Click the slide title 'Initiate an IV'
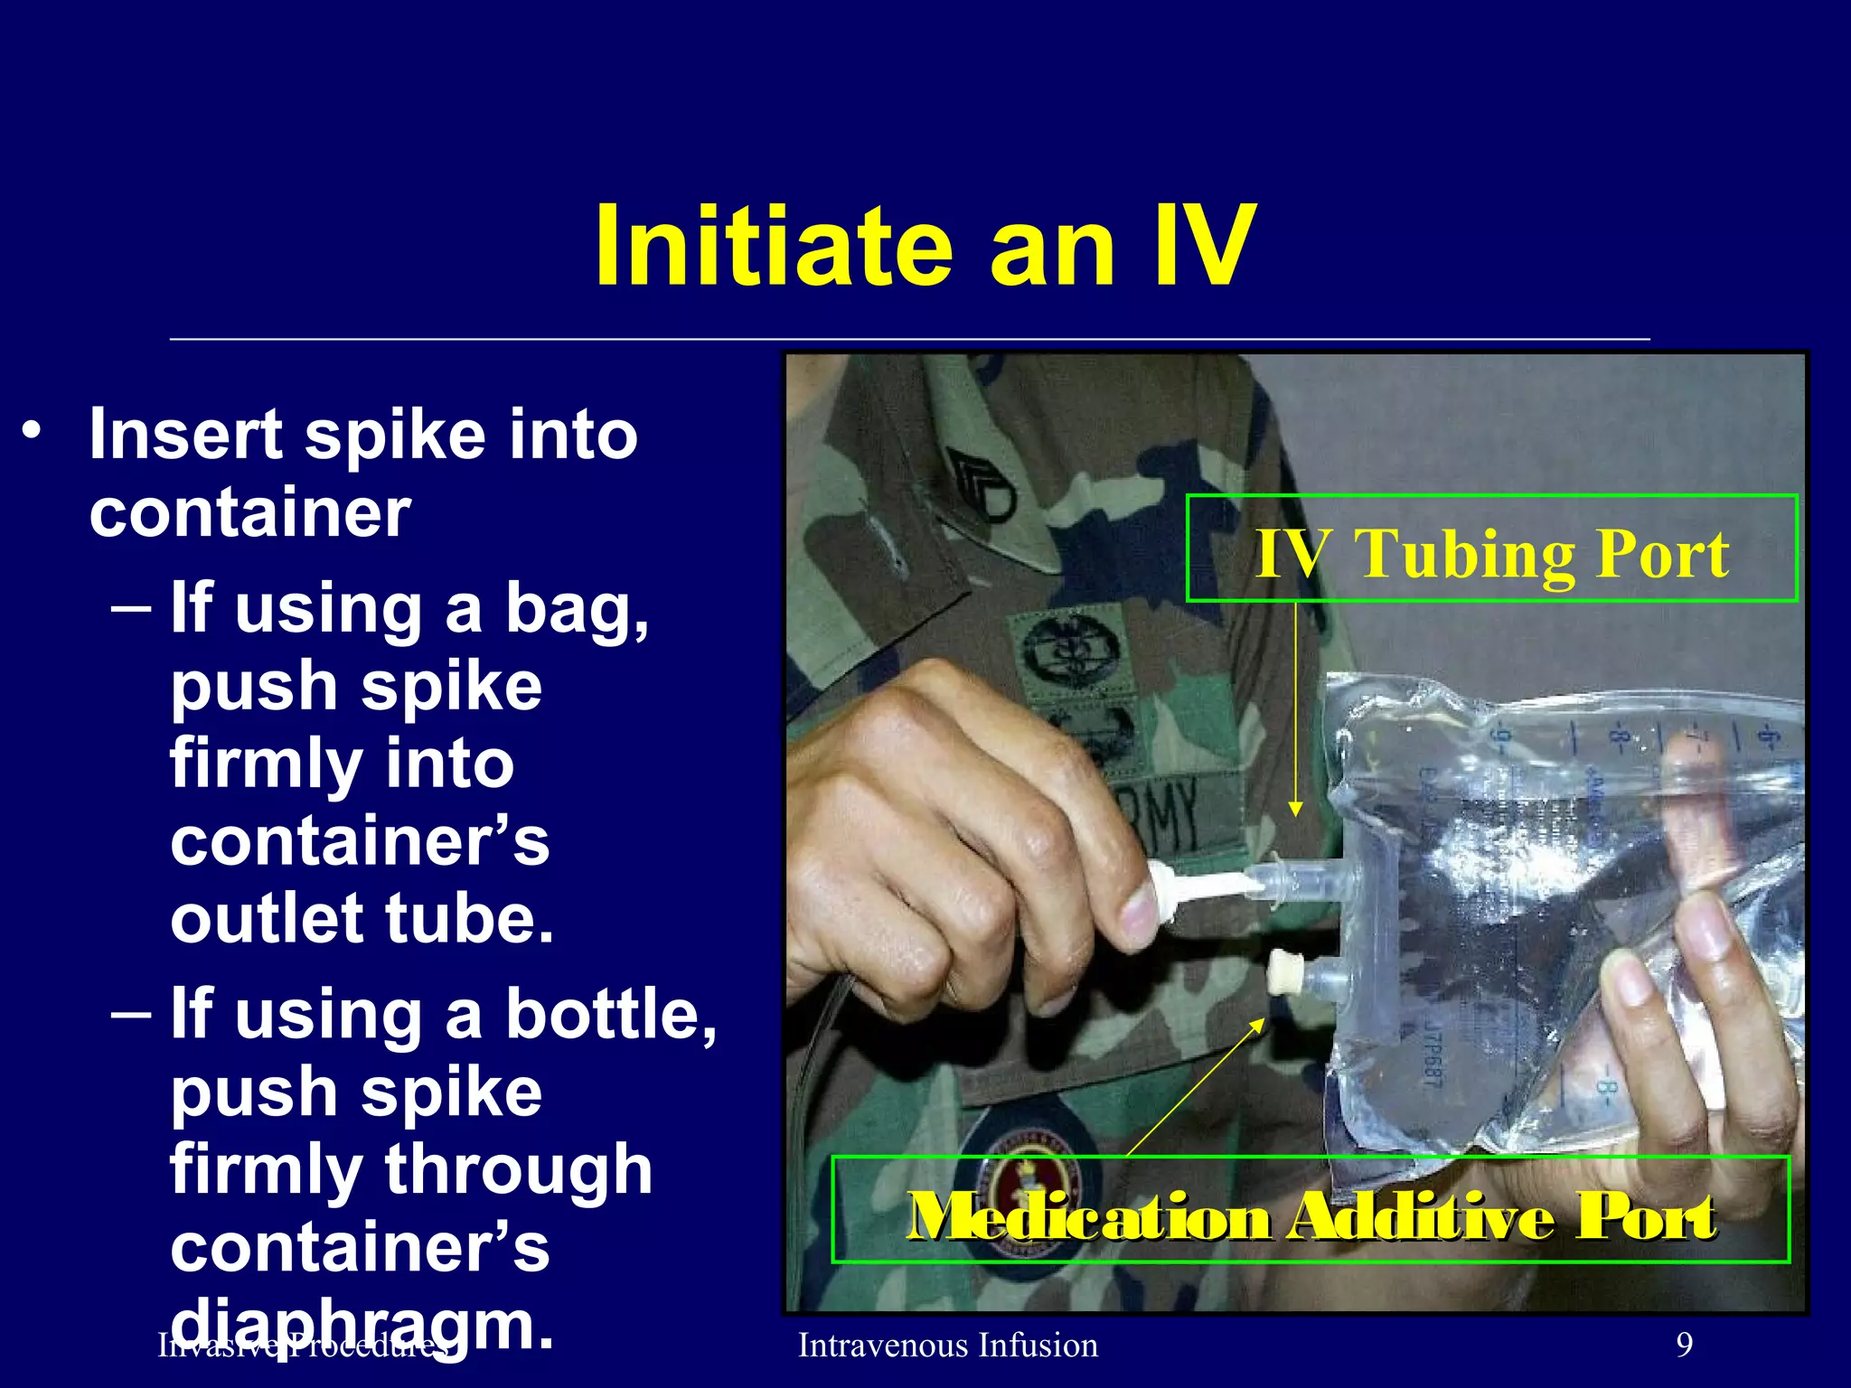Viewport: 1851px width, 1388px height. (x=924, y=246)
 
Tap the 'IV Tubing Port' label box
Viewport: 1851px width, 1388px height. (x=1491, y=549)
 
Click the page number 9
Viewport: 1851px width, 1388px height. (x=1684, y=1346)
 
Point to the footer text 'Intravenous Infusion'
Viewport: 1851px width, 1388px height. (x=948, y=1346)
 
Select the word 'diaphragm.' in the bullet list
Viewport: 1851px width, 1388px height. (x=362, y=1325)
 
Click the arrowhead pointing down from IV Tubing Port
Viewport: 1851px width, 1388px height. (x=1295, y=808)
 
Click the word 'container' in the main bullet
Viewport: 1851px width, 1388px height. (x=249, y=513)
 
